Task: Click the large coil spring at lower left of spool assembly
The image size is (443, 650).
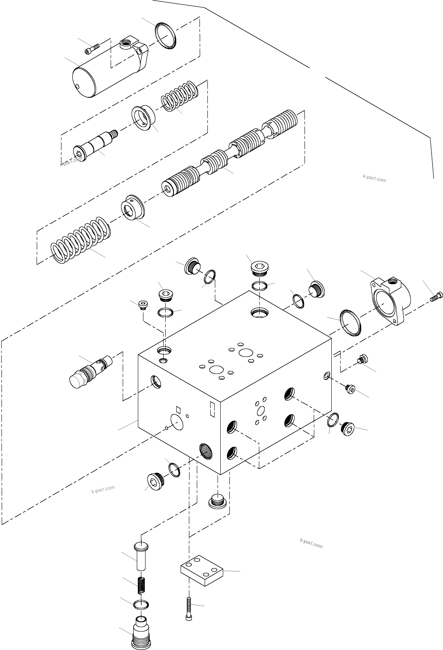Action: point(81,240)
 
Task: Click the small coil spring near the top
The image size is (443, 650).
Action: point(179,96)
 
